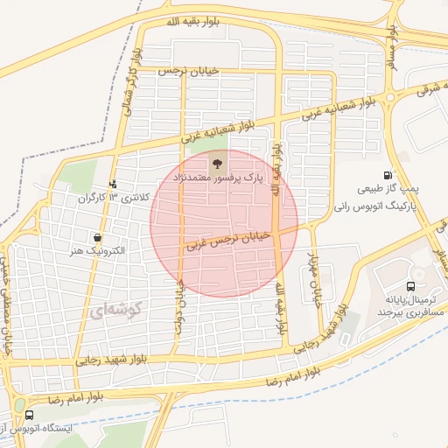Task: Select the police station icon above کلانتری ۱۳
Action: click(x=113, y=184)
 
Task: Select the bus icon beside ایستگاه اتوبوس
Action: click(x=31, y=416)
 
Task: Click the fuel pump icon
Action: click(x=388, y=175)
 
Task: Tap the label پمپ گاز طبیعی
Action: click(x=391, y=189)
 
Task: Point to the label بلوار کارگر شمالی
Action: click(x=134, y=70)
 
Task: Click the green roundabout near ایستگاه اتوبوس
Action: click(x=20, y=406)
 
